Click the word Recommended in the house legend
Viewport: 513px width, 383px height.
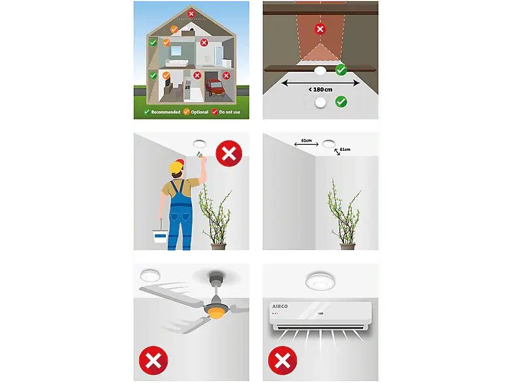click(166, 112)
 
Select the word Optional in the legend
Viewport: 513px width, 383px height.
click(200, 112)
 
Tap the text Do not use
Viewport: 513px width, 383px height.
click(229, 112)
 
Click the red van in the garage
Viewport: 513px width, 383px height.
click(215, 87)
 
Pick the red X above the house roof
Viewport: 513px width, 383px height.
click(191, 14)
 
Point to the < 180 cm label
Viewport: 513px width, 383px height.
click(320, 89)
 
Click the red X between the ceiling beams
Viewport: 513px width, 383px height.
click(320, 29)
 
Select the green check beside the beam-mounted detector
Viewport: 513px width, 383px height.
click(341, 70)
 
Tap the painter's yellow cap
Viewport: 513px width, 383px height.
click(177, 166)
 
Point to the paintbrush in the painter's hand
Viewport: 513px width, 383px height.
click(200, 154)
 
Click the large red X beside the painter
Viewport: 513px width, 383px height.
click(229, 153)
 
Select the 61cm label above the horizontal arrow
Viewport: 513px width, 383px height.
click(306, 140)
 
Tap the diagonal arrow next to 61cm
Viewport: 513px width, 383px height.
click(337, 152)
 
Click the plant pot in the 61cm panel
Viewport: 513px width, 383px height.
click(347, 246)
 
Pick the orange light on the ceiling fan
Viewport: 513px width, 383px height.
click(215, 314)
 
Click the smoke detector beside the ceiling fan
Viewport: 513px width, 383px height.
click(150, 276)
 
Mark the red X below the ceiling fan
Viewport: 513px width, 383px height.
click(153, 360)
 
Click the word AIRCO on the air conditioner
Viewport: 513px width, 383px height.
click(280, 307)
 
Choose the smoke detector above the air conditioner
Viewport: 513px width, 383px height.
click(320, 281)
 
